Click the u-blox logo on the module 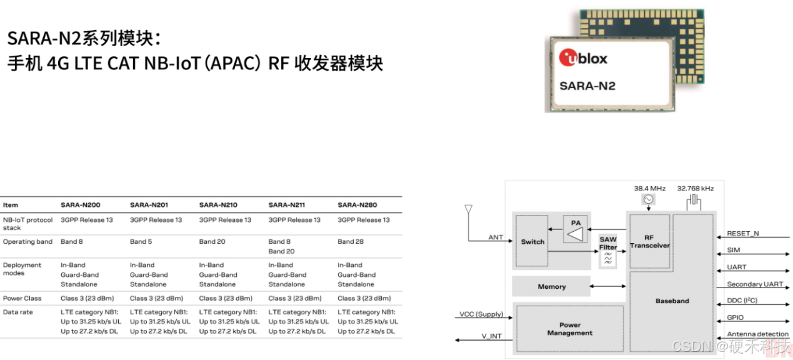[x=583, y=58]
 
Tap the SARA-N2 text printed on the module [x=587, y=86]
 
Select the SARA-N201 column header [x=149, y=205]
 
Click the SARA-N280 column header [x=357, y=205]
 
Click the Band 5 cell [x=142, y=242]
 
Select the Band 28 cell [x=351, y=242]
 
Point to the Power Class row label [x=22, y=299]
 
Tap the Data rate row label [x=17, y=312]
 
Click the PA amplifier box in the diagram [x=576, y=229]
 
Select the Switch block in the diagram [x=532, y=242]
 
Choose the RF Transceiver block [x=649, y=242]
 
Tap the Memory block [x=551, y=287]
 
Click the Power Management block [x=569, y=329]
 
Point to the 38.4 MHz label [x=650, y=188]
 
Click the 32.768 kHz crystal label [x=695, y=188]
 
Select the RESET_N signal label [x=742, y=233]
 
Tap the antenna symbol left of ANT [x=469, y=210]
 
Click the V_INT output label [x=491, y=336]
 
